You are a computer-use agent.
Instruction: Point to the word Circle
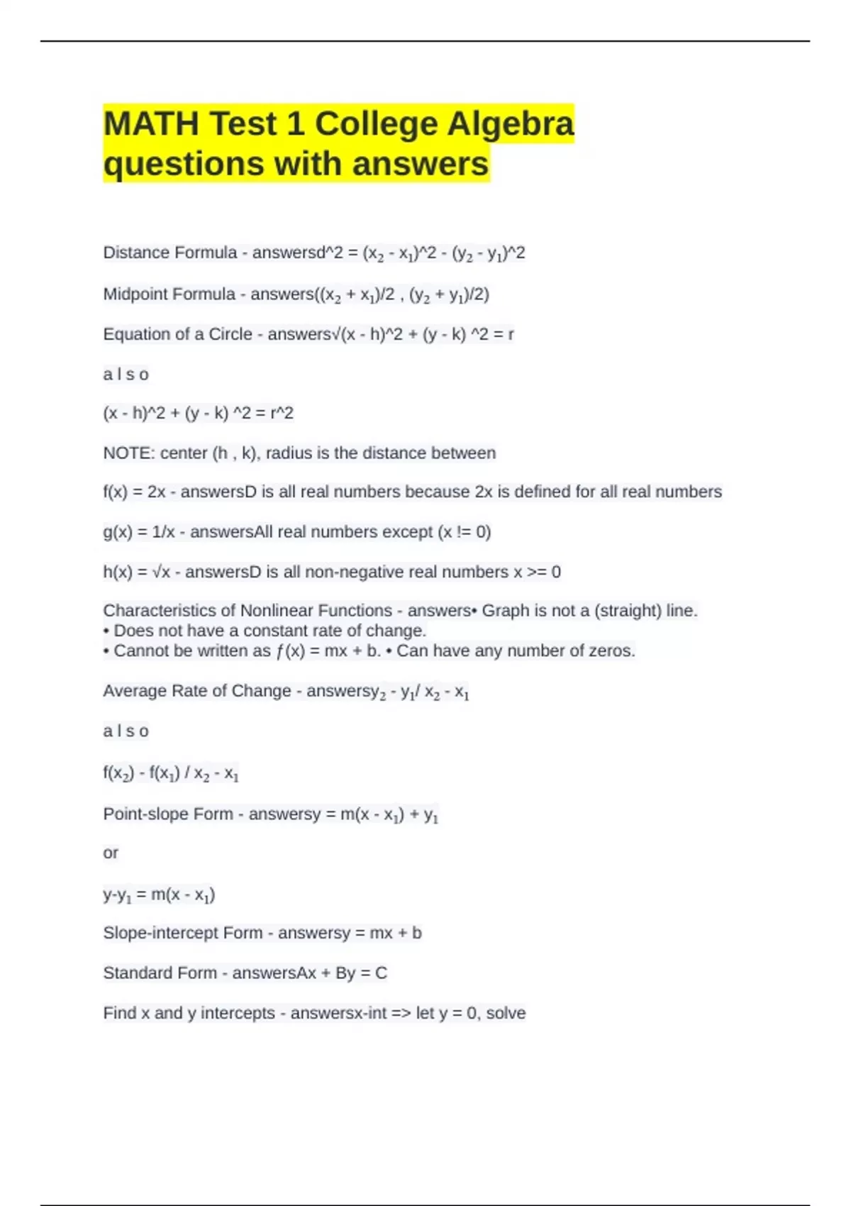click(230, 334)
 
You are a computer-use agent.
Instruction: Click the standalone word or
click(111, 853)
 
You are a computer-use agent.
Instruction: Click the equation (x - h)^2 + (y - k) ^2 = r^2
click(198, 413)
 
